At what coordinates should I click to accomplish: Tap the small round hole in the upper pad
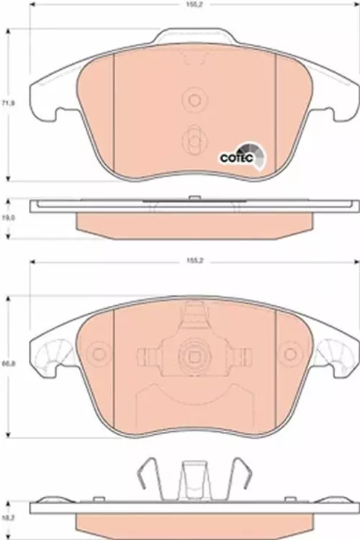(x=193, y=99)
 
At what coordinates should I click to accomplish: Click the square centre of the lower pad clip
(x=193, y=356)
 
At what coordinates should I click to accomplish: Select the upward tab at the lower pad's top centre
(x=192, y=315)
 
